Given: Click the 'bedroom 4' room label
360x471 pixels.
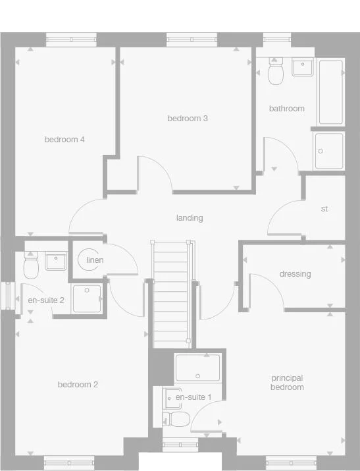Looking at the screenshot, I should click(64, 140).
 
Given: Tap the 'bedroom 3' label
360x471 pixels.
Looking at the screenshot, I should click(188, 119).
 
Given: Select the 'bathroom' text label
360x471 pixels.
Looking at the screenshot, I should click(286, 108).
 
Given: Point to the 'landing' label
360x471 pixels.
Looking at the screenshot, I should click(190, 218).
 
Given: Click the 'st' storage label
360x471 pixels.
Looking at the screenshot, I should click(324, 209).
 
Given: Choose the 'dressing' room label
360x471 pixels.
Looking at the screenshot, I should click(295, 274).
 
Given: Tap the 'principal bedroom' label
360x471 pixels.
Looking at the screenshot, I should click(287, 383).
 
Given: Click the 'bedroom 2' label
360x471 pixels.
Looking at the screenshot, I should click(78, 385).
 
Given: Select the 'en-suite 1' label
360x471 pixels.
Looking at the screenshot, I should click(193, 397).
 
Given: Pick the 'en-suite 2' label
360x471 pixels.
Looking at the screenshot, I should click(45, 300).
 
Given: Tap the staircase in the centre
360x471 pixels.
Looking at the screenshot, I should click(171, 293).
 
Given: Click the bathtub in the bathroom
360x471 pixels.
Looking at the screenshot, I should click(330, 92).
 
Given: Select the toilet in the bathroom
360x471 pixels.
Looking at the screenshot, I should click(276, 72).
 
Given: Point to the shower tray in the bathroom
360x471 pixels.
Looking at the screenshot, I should click(328, 152).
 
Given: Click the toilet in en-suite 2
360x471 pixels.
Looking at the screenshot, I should click(31, 265).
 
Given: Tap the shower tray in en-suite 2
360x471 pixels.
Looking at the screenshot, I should click(87, 298).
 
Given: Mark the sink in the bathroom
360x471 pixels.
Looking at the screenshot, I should click(303, 68).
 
